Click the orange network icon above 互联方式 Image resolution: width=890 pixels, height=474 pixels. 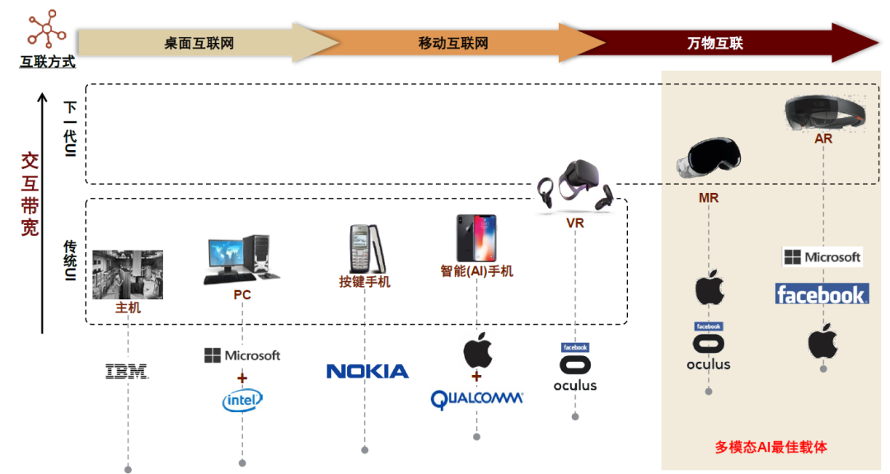(x=47, y=29)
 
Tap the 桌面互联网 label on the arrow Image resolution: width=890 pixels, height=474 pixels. (x=199, y=43)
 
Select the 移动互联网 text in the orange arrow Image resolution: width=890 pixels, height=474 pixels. (x=453, y=43)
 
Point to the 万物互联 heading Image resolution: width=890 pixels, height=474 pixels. (x=714, y=43)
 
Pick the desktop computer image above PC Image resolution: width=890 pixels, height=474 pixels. (x=237, y=260)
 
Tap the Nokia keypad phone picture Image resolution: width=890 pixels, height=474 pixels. (x=365, y=248)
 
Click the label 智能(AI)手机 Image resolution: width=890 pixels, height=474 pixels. (x=476, y=271)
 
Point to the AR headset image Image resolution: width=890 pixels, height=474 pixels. (x=825, y=111)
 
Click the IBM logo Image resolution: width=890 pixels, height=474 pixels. (x=127, y=372)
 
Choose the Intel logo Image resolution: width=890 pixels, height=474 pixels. (x=242, y=401)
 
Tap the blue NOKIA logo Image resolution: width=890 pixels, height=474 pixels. (x=368, y=372)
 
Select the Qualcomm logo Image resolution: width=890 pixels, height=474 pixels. (x=476, y=399)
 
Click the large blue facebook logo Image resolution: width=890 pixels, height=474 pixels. (x=822, y=294)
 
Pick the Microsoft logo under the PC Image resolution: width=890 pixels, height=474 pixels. (x=242, y=355)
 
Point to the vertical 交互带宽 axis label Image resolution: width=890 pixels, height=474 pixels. (x=30, y=194)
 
